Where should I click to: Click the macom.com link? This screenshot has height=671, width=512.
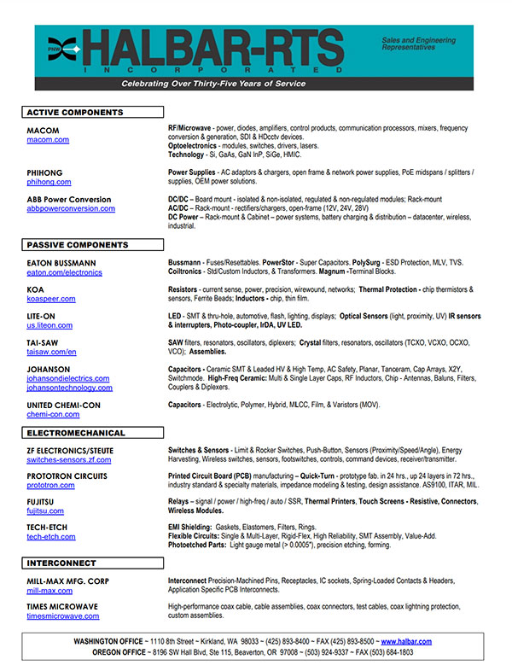[48, 139]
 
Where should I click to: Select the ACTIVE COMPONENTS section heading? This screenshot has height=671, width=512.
[92, 113]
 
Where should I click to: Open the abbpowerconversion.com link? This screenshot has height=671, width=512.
[70, 208]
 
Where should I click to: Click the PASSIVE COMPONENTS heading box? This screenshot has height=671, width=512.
[92, 245]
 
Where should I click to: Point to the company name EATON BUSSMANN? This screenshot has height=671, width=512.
[61, 263]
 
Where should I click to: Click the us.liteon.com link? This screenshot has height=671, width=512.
[51, 325]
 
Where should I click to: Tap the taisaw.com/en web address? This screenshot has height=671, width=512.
[52, 352]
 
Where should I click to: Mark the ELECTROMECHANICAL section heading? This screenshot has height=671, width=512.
[92, 433]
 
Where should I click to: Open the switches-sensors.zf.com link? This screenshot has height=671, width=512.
[69, 459]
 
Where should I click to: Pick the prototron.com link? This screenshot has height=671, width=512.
[50, 485]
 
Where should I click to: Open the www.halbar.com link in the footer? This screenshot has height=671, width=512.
[406, 641]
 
